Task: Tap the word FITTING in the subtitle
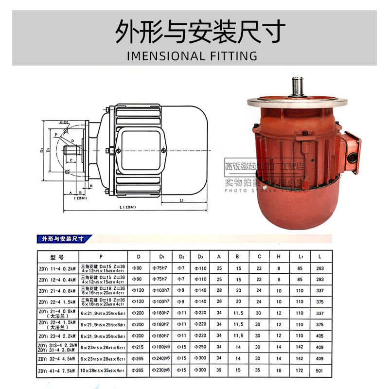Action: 232,56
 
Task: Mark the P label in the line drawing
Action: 56,135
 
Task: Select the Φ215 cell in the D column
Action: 138,347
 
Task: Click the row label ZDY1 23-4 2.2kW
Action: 57,336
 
